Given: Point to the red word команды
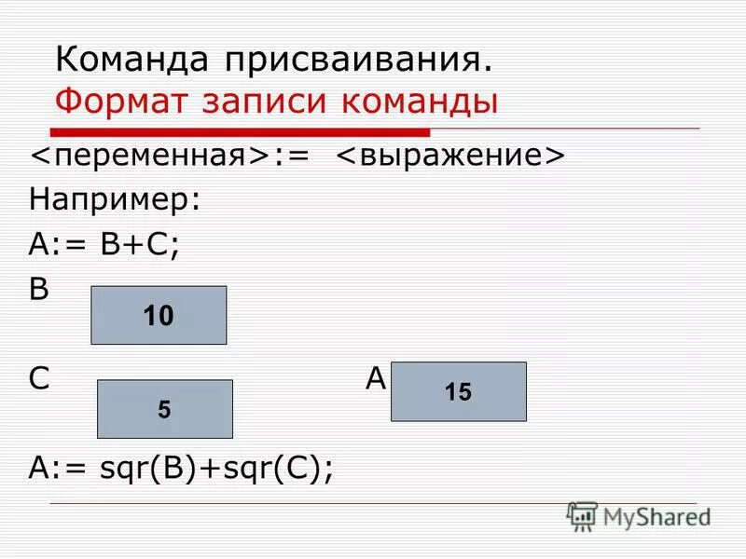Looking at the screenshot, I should click(421, 102).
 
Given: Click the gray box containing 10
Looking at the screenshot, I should click(159, 315).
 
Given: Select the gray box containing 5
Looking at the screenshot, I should click(165, 408).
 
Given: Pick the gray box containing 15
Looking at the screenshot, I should click(458, 391).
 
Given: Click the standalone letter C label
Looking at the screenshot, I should click(39, 378).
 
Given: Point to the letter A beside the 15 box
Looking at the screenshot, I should click(376, 378).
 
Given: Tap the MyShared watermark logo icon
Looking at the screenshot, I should click(582, 516).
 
